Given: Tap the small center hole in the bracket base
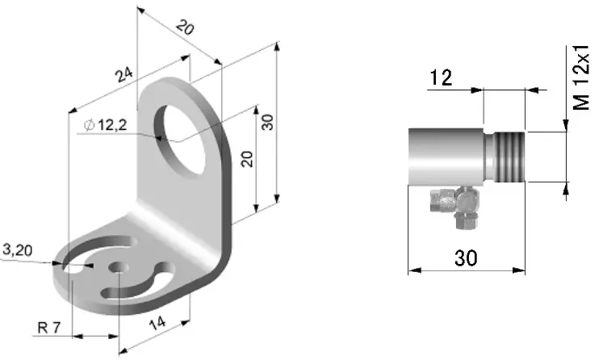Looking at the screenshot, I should pyautogui.click(x=119, y=266).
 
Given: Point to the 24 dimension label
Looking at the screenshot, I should pyautogui.click(x=123, y=76).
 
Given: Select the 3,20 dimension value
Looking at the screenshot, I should pyautogui.click(x=18, y=250).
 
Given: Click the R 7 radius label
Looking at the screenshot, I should pyautogui.click(x=50, y=328).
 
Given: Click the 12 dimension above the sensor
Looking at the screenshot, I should pyautogui.click(x=441, y=77).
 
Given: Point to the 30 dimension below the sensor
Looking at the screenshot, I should pyautogui.click(x=466, y=257).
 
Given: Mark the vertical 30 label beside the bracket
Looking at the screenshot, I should pyautogui.click(x=268, y=122).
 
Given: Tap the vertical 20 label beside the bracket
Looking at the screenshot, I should pyautogui.click(x=248, y=157).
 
